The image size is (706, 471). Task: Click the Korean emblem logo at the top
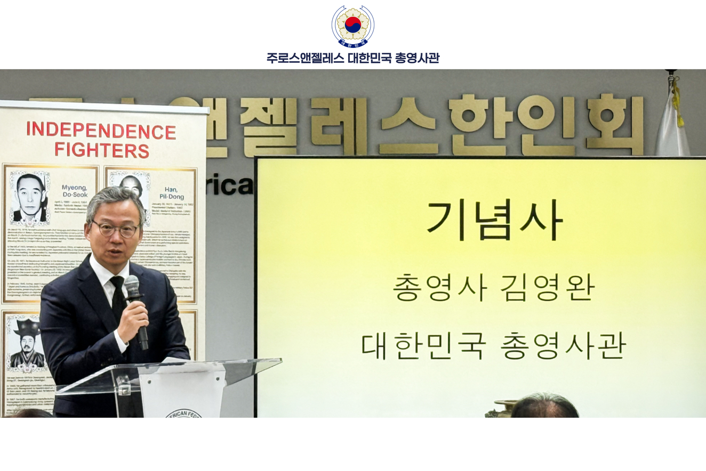[352, 25]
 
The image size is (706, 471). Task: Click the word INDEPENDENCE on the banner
[101, 131]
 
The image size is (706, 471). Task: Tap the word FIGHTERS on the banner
[101, 150]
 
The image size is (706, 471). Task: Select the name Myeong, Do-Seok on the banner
[75, 191]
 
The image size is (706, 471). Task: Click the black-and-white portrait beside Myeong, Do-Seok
[30, 198]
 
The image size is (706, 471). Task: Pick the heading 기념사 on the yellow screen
[494, 221]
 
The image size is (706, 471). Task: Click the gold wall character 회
[615, 125]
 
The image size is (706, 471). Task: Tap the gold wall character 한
[479, 125]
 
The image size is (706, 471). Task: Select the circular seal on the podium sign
[184, 413]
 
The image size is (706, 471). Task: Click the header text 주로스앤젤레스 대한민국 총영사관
[352, 58]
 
